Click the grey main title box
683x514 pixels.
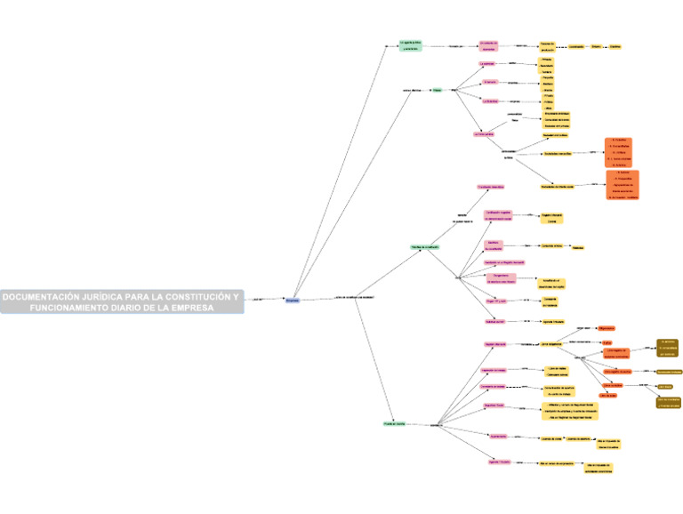pyautogui.click(x=122, y=301)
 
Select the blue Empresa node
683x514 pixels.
pyautogui.click(x=293, y=301)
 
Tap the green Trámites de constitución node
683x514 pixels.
pyautogui.click(x=425, y=247)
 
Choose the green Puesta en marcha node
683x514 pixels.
pyautogui.click(x=394, y=424)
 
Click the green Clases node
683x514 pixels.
pyautogui.click(x=437, y=91)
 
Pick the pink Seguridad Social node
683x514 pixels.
pyautogui.click(x=494, y=406)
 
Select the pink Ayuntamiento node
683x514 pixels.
pyautogui.click(x=498, y=437)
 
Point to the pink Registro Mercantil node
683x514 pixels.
pyautogui.click(x=495, y=344)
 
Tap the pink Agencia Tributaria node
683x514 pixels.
pyautogui.click(x=499, y=462)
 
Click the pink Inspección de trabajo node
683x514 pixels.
pyautogui.click(x=493, y=369)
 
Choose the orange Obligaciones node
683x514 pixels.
pyautogui.click(x=607, y=329)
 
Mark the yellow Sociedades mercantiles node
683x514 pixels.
pyautogui.click(x=557, y=153)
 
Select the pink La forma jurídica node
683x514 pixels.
pyautogui.click(x=483, y=134)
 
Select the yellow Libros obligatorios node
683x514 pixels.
pyautogui.click(x=554, y=344)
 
